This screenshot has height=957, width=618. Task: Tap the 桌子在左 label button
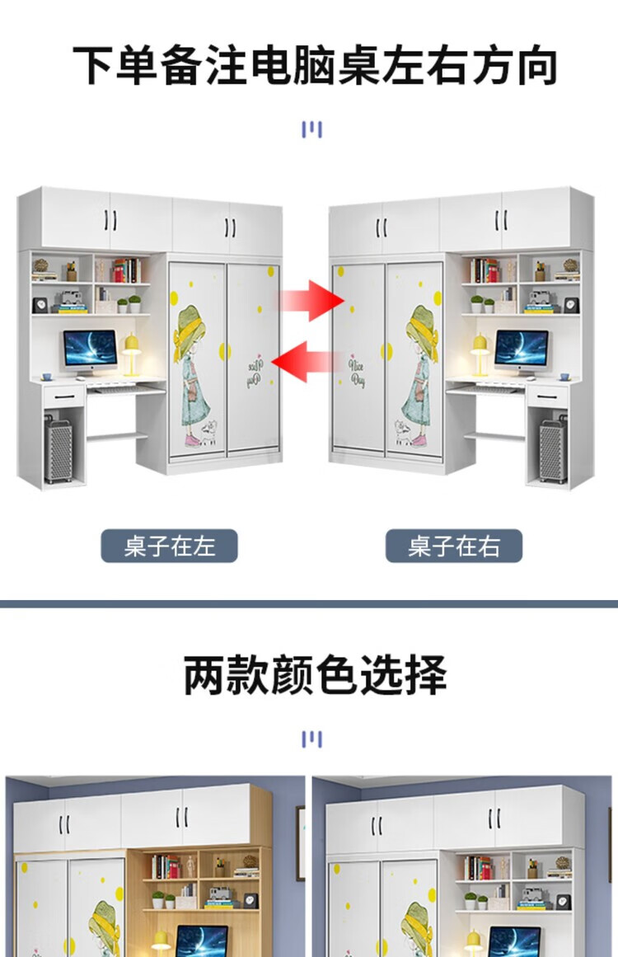click(169, 546)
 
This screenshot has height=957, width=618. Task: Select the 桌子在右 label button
click(453, 546)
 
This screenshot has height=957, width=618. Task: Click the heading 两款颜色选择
click(315, 676)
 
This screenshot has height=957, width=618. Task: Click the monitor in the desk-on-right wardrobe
click(521, 350)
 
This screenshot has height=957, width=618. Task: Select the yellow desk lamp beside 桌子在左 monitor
click(132, 352)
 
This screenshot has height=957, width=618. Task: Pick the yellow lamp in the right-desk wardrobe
click(480, 353)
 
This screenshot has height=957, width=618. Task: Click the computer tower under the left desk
click(59, 449)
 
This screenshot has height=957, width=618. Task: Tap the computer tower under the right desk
click(552, 450)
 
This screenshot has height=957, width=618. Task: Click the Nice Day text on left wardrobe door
click(255, 370)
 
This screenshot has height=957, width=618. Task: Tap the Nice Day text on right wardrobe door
click(357, 370)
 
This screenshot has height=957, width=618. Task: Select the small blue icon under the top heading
click(311, 129)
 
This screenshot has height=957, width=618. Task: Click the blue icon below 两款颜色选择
click(311, 739)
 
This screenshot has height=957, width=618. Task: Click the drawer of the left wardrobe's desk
click(61, 396)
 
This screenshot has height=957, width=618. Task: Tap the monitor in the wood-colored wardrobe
click(201, 940)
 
